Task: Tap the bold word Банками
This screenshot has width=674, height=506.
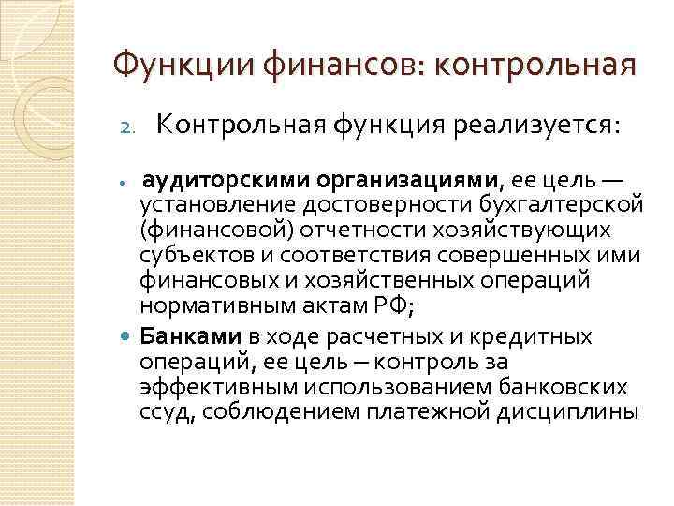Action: [x=177, y=335]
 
